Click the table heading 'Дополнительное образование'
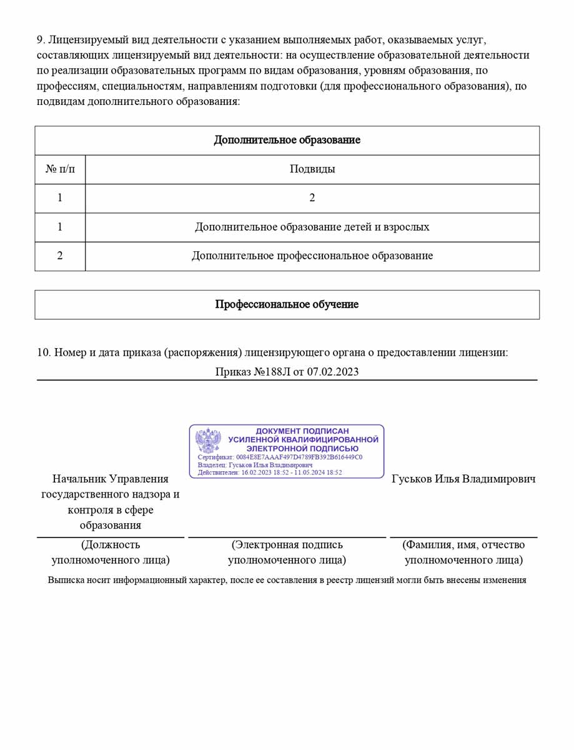pos(287,140)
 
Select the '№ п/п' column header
pos(60,169)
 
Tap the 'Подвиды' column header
pos(312,169)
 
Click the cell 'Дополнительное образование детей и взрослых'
pos(312,227)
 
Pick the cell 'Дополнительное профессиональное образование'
pos(312,256)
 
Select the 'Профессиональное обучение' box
pos(287,304)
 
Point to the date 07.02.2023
pos(332,371)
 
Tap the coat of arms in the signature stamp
pos(209,441)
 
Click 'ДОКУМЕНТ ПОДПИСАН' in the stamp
pos(302,431)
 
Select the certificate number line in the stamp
pos(280,457)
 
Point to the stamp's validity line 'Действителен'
pos(270,472)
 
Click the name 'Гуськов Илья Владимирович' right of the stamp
pos(463,479)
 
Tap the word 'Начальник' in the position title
pos(79,479)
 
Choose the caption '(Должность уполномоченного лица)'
pos(111,552)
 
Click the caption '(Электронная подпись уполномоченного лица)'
pos(287,552)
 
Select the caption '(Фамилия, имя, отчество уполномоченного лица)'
pos(463,552)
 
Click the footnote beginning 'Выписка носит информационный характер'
pos(287,580)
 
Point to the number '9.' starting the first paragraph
pos(41,39)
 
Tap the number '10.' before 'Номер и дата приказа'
pos(44,352)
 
